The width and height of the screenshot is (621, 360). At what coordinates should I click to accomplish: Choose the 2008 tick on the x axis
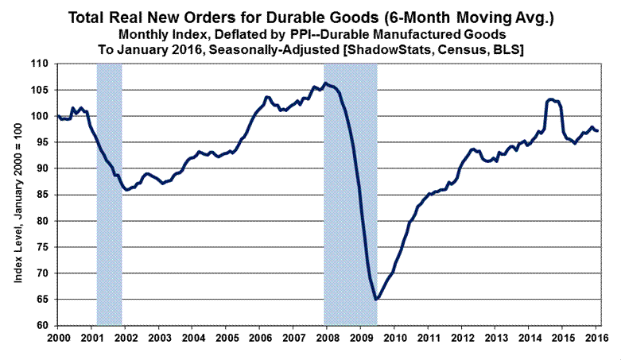tap(325, 339)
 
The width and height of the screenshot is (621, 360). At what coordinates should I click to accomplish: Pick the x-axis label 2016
tap(597, 339)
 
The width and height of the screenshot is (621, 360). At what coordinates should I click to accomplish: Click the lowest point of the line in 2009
tap(376, 300)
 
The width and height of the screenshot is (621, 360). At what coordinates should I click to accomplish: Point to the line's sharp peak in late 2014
tap(550, 99)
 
